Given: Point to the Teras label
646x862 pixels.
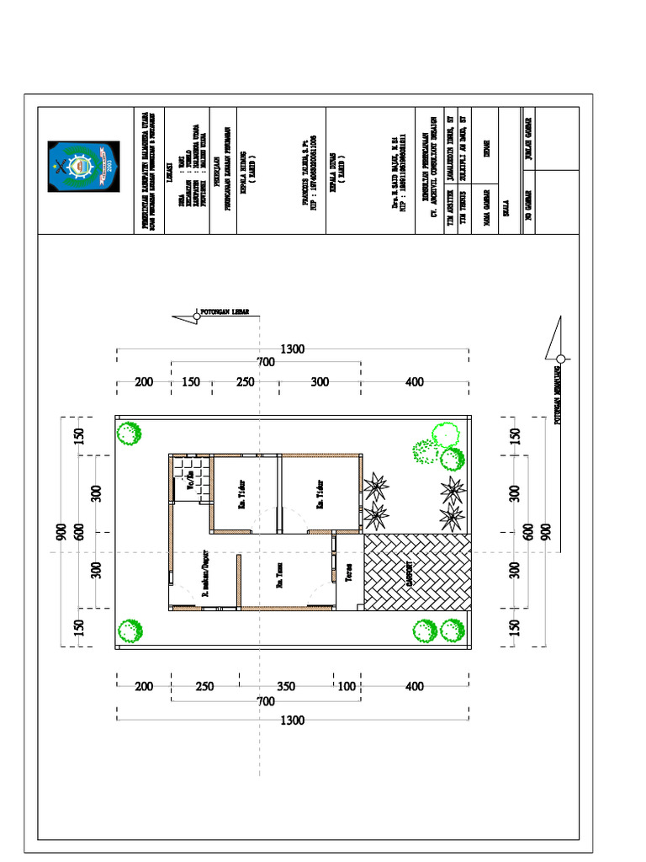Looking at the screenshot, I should pyautogui.click(x=348, y=573).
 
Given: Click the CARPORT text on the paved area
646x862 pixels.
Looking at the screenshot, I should pyautogui.click(x=410, y=573).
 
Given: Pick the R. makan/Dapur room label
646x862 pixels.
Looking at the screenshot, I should pyautogui.click(x=204, y=575).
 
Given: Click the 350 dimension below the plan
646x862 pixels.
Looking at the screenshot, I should pyautogui.click(x=286, y=687).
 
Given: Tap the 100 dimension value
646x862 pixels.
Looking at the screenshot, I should pyautogui.click(x=347, y=687).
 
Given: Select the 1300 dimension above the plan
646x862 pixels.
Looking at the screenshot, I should pyautogui.click(x=293, y=349).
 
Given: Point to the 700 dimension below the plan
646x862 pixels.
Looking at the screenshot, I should pyautogui.click(x=266, y=701).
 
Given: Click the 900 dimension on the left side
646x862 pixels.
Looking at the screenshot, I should pyautogui.click(x=61, y=532).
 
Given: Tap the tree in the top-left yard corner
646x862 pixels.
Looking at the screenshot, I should pyautogui.click(x=128, y=434).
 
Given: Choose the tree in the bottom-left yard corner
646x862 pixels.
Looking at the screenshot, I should pyautogui.click(x=129, y=630).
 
